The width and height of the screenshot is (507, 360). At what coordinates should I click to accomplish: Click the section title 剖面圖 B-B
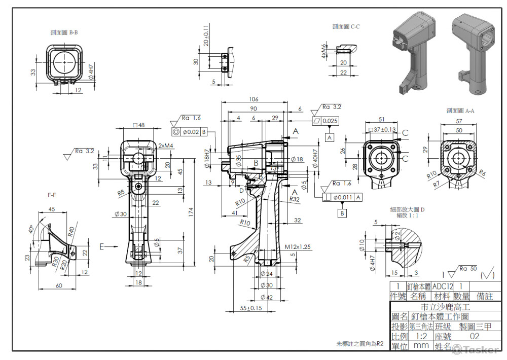[x=64, y=33]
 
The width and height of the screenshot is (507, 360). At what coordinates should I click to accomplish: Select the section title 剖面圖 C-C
[x=346, y=26]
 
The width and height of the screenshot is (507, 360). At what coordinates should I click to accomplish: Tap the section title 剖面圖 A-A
[x=460, y=110]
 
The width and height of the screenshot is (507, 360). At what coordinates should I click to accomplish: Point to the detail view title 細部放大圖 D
[x=407, y=209]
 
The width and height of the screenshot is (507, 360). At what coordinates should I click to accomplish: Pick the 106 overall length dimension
[x=254, y=99]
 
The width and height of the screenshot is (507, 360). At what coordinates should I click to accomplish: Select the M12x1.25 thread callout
[x=297, y=246]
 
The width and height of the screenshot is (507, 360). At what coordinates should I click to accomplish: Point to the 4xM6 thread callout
[x=323, y=51]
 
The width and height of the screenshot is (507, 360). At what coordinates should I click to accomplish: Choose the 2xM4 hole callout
[x=166, y=146]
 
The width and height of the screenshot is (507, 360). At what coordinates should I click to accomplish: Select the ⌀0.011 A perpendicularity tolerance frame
[x=342, y=197]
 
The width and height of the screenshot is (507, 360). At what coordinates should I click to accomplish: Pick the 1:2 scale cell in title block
[x=420, y=336]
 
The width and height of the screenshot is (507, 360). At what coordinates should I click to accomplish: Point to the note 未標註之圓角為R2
[x=359, y=343]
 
